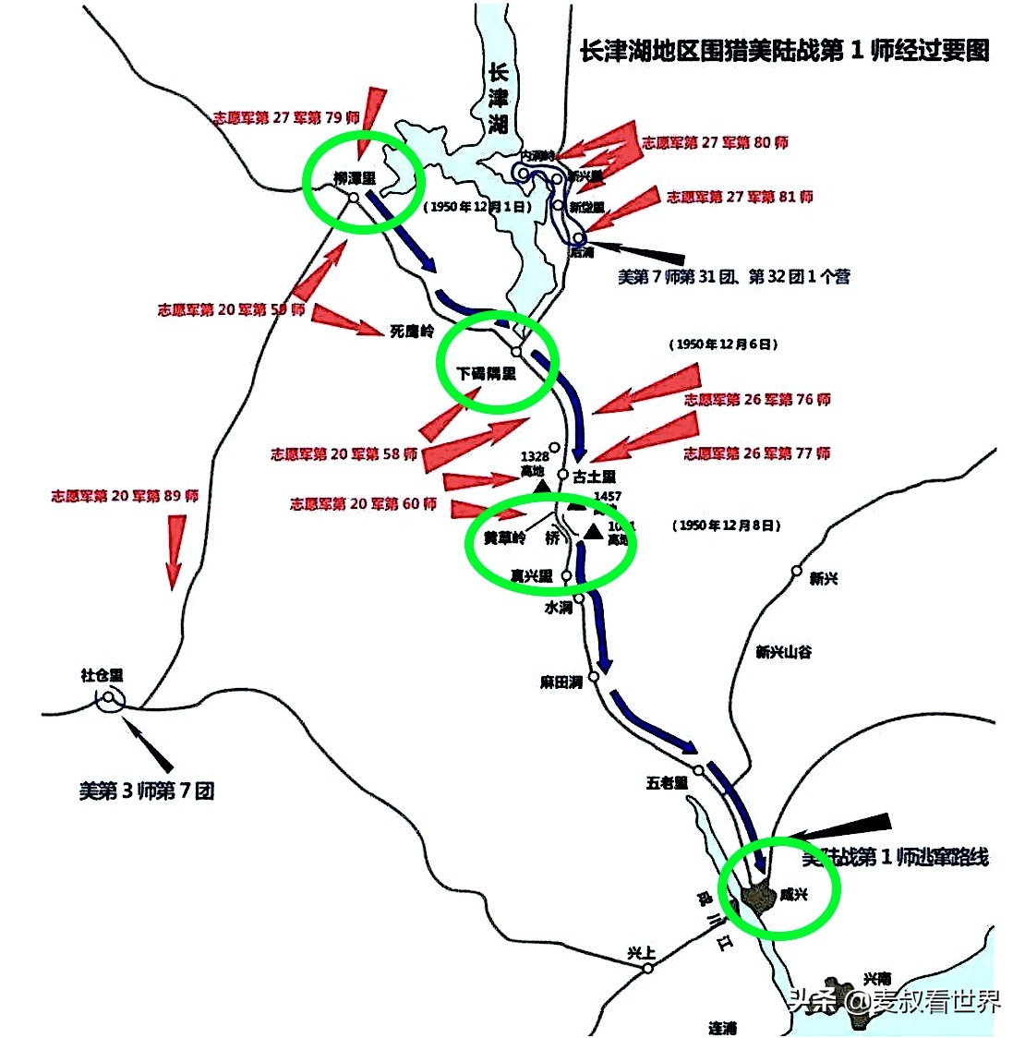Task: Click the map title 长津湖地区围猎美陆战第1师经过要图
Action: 784,51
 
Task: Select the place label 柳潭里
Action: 355,177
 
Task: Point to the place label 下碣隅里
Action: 487,374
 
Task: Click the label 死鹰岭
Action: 411,330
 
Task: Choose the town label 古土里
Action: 594,477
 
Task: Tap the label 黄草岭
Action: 503,538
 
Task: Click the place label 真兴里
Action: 531,575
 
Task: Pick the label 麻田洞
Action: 561,682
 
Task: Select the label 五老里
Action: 667,782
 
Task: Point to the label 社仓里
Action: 102,675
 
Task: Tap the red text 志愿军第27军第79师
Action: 286,117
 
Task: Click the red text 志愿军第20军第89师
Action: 125,496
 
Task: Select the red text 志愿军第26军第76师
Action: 757,399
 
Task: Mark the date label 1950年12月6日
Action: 723,344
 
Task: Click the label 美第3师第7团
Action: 147,791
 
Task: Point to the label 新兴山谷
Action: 784,651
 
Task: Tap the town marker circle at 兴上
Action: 648,968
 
